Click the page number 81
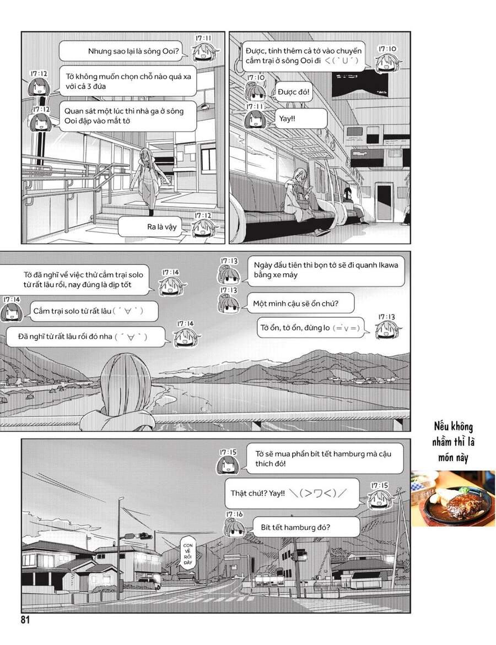(x=25, y=620)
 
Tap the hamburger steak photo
(x=452, y=498)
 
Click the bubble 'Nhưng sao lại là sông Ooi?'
(x=122, y=51)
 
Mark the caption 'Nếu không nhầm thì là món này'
(x=452, y=442)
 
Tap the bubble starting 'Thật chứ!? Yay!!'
(x=292, y=494)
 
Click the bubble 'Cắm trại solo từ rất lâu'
(x=91, y=311)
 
